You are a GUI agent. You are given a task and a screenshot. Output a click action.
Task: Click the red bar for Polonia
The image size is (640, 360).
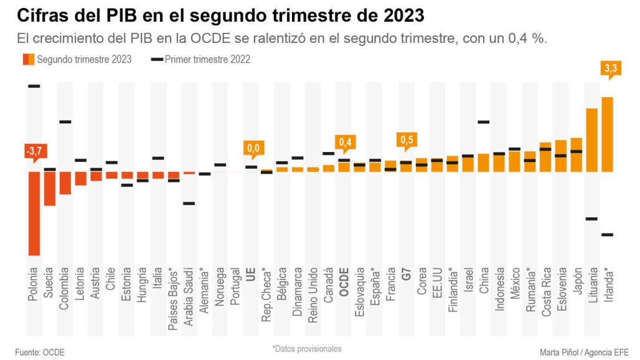click(x=34, y=213)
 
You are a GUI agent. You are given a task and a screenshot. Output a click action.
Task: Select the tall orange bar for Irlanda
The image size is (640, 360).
click(x=608, y=134)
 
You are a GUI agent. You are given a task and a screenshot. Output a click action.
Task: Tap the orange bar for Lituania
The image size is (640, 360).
click(x=592, y=140)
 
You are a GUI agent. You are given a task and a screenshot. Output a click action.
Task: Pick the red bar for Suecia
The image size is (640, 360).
click(x=50, y=188)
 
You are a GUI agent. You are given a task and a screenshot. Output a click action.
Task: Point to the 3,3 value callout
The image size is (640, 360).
click(x=610, y=69)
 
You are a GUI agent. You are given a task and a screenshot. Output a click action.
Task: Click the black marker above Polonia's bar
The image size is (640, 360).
click(x=34, y=86)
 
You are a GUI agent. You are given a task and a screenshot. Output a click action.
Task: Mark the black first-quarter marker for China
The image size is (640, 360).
click(x=484, y=122)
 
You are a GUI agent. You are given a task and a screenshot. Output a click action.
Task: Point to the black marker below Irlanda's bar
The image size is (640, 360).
click(x=608, y=235)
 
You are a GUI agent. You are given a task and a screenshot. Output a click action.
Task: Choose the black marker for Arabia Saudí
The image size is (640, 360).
click(x=189, y=203)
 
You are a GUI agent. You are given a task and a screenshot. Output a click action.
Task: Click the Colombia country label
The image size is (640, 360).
click(x=65, y=283)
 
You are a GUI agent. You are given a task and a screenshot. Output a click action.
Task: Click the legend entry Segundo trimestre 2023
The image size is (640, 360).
click(x=77, y=60)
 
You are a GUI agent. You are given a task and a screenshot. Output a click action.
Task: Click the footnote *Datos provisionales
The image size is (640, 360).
click(x=306, y=349)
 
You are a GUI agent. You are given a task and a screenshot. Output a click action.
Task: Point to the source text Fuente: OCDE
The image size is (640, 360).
click(x=40, y=353)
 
